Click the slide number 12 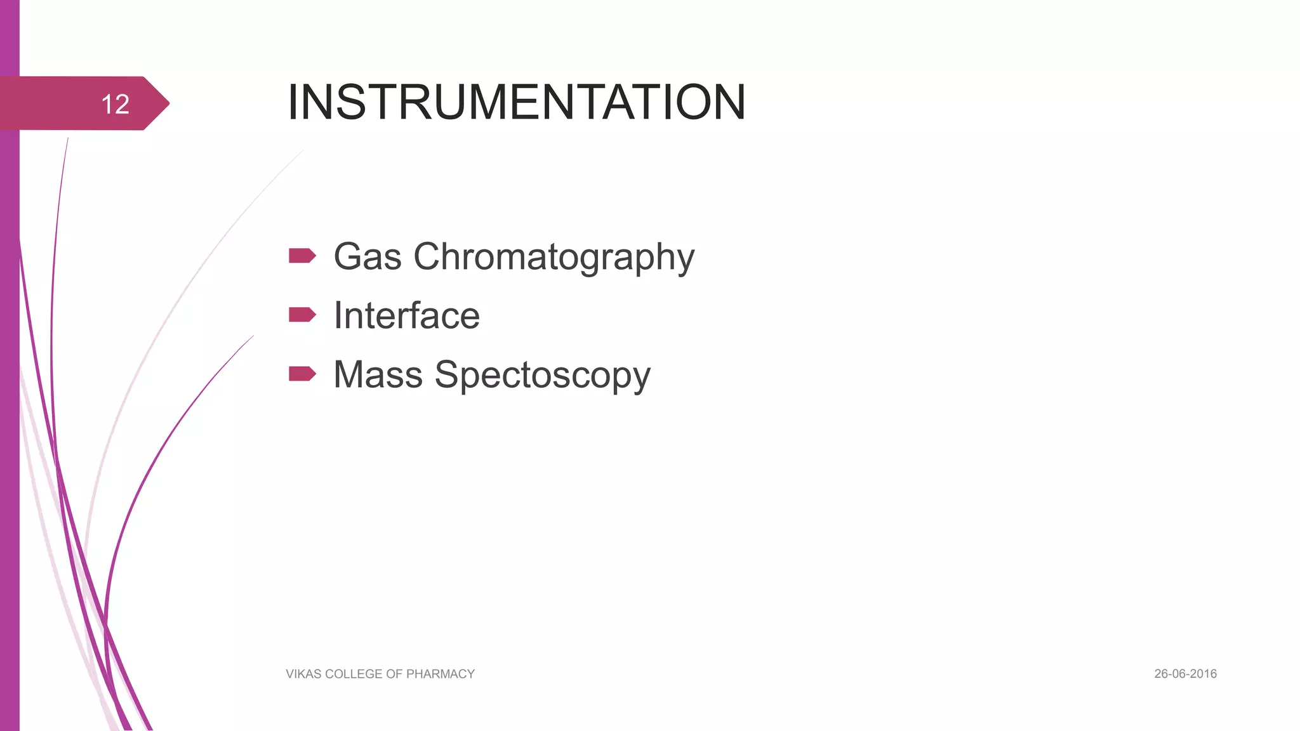click(x=115, y=104)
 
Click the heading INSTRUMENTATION click(x=516, y=102)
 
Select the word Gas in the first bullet click(x=368, y=257)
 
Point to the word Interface click(x=407, y=315)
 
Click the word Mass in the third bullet click(x=378, y=374)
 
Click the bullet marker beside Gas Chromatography click(x=302, y=256)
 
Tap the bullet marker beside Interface click(x=302, y=315)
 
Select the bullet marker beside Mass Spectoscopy click(x=302, y=374)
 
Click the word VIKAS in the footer click(x=303, y=674)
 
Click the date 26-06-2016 click(x=1185, y=674)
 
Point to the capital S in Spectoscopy click(x=448, y=374)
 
